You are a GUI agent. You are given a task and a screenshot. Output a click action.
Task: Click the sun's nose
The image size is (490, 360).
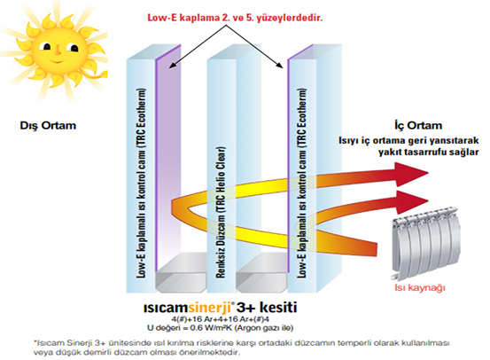(58, 49)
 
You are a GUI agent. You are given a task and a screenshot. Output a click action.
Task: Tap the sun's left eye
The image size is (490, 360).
(47, 47)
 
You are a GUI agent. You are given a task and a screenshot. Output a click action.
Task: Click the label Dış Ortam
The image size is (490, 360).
(48, 126)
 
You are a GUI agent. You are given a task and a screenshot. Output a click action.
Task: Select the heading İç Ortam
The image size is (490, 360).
(418, 125)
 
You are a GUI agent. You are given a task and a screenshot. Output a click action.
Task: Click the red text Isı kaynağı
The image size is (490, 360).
(419, 287)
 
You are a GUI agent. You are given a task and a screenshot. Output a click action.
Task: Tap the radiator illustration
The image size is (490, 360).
(426, 242)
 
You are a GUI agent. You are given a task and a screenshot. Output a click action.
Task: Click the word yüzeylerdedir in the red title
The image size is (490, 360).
(289, 18)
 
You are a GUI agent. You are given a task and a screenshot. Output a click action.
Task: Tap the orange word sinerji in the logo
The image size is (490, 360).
(209, 308)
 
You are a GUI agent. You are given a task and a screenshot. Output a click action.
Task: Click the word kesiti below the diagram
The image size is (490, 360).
(278, 307)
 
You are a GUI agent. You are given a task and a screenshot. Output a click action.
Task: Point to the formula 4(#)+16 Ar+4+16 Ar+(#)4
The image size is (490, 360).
(221, 319)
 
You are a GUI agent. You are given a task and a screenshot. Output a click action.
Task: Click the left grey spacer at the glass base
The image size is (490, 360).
(181, 273)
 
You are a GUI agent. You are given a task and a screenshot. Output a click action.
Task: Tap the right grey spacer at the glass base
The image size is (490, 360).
(261, 273)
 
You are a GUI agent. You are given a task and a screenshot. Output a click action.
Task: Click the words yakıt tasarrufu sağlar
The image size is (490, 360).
(429, 153)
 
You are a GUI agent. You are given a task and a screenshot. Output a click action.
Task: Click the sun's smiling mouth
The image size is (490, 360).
(56, 59)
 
